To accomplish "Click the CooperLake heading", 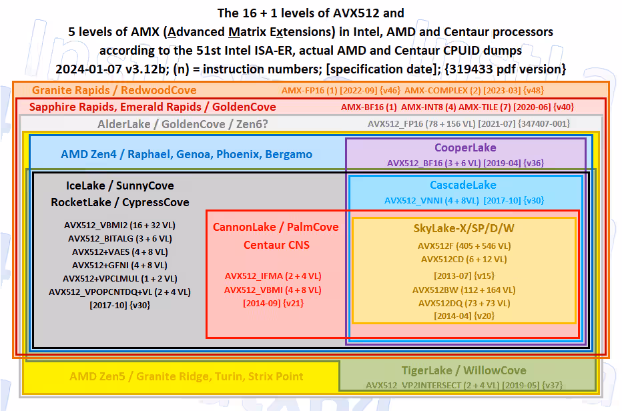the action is click(x=465, y=147).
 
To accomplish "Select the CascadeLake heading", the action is click(x=463, y=185).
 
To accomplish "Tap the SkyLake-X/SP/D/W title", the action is click(x=464, y=228).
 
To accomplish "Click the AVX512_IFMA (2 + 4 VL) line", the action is click(x=273, y=276).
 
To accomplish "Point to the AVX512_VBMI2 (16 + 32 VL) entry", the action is click(x=120, y=226).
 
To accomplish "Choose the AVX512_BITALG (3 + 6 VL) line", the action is click(x=120, y=238).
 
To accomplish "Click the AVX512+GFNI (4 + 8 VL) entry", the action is click(x=120, y=265).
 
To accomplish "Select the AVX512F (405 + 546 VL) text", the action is click(x=464, y=246).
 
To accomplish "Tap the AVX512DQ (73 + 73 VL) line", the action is click(x=464, y=303).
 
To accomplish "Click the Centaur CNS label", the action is click(x=276, y=245).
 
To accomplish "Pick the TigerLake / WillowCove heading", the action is click(x=464, y=370).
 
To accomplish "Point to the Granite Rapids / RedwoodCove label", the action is click(x=114, y=90).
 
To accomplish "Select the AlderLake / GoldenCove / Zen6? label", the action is click(x=183, y=124).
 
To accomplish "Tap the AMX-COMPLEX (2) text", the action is click(x=441, y=91).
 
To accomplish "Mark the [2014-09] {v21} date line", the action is click(x=274, y=304).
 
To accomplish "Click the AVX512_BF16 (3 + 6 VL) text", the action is click(x=434, y=163).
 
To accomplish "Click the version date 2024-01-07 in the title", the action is click(x=89, y=69).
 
